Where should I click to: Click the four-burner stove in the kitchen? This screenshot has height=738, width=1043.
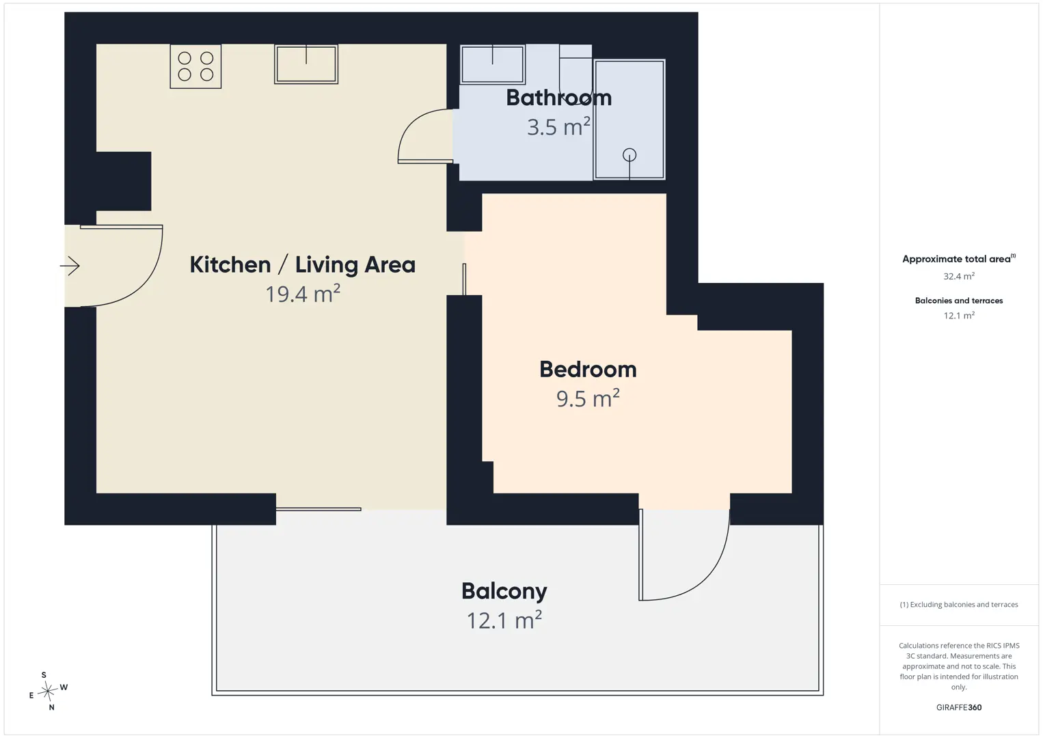tap(195, 66)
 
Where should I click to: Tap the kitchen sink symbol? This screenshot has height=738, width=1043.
tap(306, 64)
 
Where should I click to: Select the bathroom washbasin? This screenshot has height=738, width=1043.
tap(493, 64)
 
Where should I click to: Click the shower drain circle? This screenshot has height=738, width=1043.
tap(629, 154)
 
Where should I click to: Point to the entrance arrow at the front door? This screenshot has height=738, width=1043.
tap(70, 266)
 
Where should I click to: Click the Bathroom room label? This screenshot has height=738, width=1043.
tap(559, 98)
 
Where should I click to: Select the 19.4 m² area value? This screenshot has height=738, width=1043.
tap(303, 294)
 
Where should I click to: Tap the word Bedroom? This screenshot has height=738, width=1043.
tap(588, 370)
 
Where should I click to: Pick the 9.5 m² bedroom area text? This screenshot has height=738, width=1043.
tap(588, 398)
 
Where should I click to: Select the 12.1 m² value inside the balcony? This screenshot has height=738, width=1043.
tap(504, 620)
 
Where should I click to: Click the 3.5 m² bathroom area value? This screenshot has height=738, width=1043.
tap(559, 127)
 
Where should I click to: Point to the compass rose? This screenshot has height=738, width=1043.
tap(48, 692)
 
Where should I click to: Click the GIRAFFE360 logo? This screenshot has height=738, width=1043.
tap(959, 707)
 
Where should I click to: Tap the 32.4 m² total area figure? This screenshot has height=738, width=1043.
tap(959, 276)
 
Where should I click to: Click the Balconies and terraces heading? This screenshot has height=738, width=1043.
tap(959, 301)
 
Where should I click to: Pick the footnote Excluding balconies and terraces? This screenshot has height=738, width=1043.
tap(959, 604)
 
